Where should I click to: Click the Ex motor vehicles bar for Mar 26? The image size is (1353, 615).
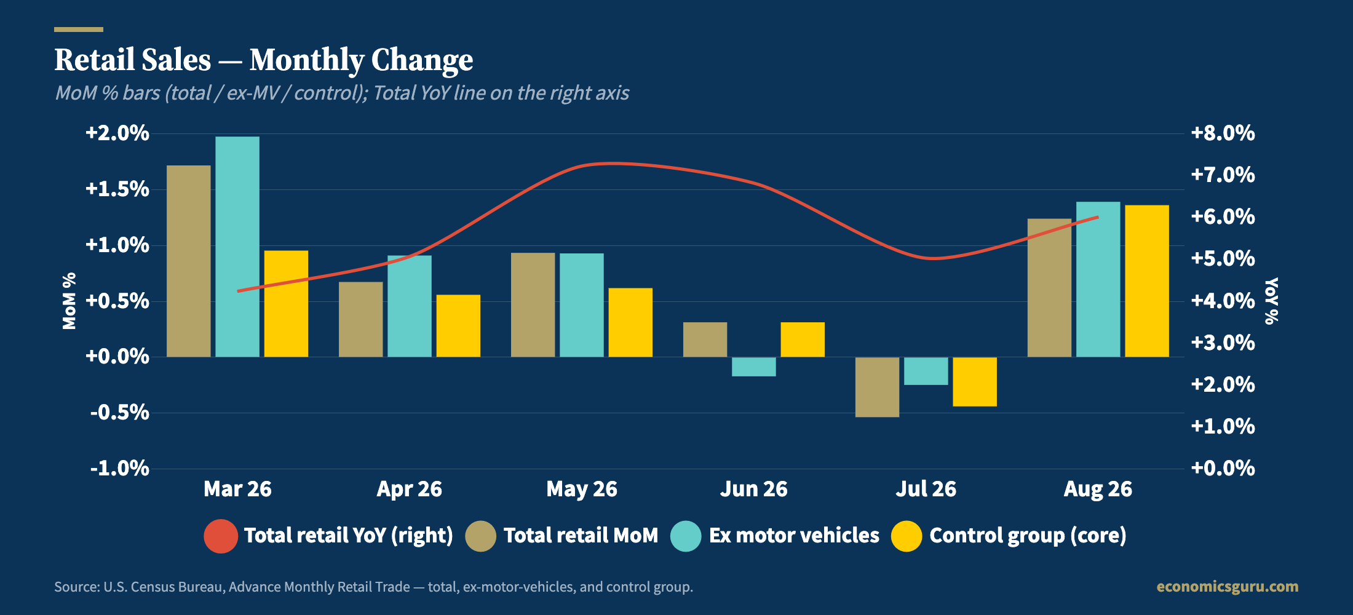[x=237, y=247]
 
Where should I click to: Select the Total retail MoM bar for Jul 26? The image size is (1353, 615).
[x=877, y=387]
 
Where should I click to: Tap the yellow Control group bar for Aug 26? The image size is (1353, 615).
[x=1147, y=281]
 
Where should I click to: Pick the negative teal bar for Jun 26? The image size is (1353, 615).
[x=754, y=367]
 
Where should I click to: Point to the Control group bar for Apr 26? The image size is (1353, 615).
[x=458, y=326]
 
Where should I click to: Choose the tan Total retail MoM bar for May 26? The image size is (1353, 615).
[x=533, y=305]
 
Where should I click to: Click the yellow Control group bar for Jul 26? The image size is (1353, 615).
[x=975, y=382]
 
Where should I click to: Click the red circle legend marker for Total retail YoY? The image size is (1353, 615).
[x=221, y=536]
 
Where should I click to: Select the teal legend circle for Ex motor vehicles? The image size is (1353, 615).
[x=686, y=536]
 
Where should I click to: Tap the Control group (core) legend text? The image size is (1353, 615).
[x=1028, y=536]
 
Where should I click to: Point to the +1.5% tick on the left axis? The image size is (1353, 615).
[x=117, y=189]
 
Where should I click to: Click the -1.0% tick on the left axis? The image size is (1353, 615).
[x=120, y=469]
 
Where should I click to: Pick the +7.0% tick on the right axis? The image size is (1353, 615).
[x=1223, y=175]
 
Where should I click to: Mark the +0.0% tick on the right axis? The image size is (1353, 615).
[x=1223, y=468]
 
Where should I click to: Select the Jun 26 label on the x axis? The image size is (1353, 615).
[x=754, y=489]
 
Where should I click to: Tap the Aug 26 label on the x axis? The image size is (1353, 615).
[x=1098, y=489]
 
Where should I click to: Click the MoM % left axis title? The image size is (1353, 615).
[x=69, y=301]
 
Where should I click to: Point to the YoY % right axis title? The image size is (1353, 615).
[x=1271, y=301]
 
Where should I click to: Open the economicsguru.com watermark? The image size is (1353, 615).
[x=1228, y=587]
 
